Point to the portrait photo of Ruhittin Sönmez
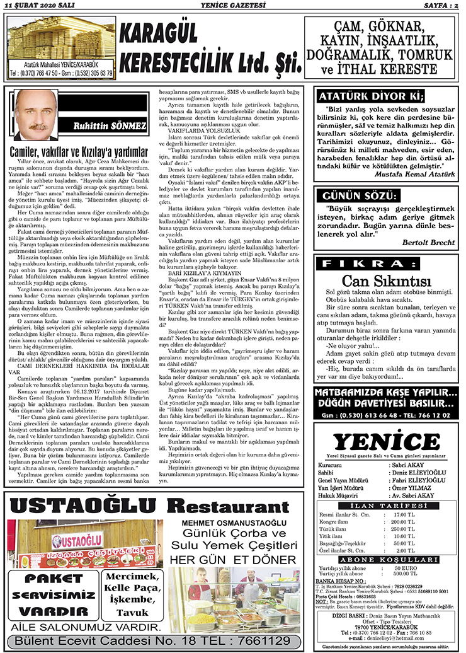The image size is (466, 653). click(37, 115)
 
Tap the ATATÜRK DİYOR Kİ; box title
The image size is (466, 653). click(370, 96)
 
